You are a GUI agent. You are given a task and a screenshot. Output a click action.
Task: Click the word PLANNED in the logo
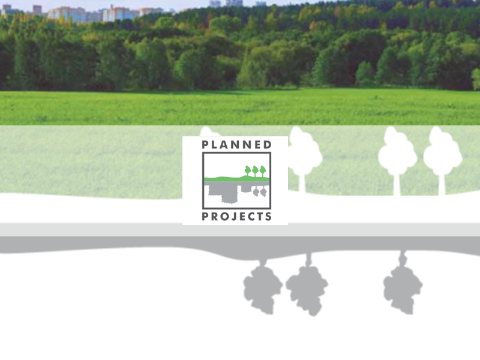(236, 145)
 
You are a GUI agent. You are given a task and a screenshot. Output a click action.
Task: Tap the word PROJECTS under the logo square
(236, 217)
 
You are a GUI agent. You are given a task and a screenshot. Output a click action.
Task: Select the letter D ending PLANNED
(268, 145)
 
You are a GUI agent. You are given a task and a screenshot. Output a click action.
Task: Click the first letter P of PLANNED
(205, 145)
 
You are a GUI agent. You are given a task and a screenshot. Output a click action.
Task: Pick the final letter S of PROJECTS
(268, 217)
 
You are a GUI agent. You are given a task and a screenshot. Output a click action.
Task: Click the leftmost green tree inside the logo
(248, 170)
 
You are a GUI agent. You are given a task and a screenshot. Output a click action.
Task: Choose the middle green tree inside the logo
(255, 170)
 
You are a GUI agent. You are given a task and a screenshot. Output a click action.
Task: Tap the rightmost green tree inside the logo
(262, 170)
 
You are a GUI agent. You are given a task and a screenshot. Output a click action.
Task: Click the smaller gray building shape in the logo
(245, 188)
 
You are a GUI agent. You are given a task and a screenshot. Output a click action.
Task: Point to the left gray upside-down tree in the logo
(256, 191)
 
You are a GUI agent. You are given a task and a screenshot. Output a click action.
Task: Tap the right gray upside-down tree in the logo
(263, 191)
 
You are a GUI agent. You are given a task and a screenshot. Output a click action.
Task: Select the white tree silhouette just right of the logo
(304, 153)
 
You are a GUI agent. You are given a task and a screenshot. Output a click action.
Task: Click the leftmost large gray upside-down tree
(263, 288)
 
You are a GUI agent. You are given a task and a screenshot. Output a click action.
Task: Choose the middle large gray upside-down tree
(307, 288)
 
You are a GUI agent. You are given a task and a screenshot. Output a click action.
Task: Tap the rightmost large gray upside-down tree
(403, 288)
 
